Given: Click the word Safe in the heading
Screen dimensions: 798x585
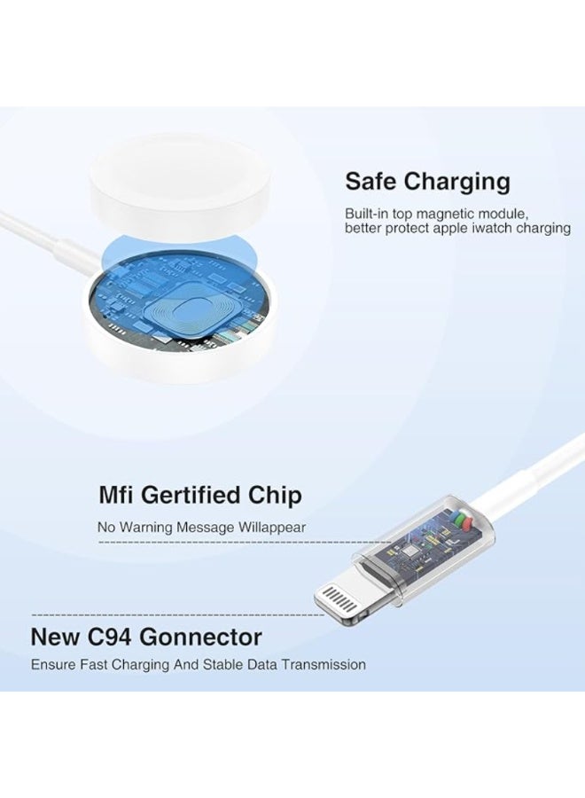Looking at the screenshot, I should coord(370,182).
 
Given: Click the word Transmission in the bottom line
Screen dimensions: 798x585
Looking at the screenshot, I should coord(324,664).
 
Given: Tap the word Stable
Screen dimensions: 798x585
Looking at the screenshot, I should coord(224,664).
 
